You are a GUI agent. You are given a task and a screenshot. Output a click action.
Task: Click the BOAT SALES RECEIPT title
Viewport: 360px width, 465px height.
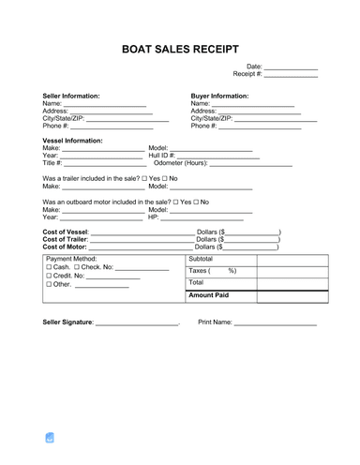(x=179, y=47)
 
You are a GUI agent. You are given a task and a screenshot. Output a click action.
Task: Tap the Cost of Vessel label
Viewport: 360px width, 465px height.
(x=66, y=232)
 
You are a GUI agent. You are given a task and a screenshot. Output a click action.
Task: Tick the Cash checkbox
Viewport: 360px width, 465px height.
(x=48, y=267)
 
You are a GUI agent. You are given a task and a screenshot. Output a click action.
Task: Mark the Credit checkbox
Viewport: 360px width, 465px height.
(x=48, y=277)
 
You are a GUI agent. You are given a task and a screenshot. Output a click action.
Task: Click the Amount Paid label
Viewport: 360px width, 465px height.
(x=209, y=295)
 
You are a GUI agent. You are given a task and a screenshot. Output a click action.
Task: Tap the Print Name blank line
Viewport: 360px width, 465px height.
(x=276, y=322)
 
